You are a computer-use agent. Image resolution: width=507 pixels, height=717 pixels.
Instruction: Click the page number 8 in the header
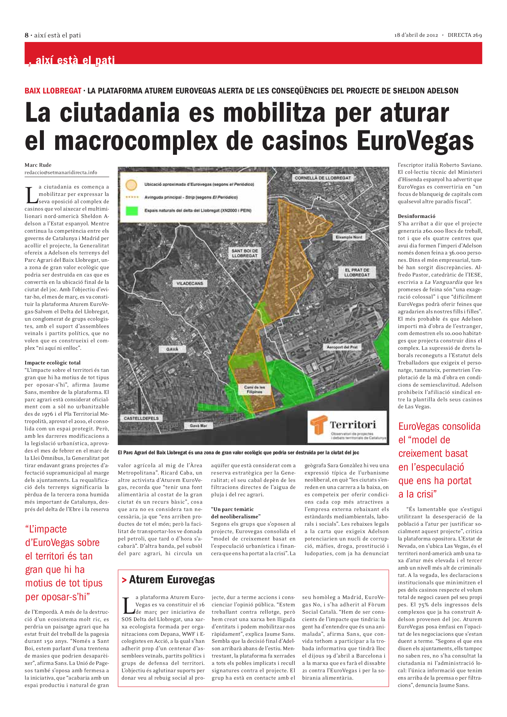[x=27, y=35]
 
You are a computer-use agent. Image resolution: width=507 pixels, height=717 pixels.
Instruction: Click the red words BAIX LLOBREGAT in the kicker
[x=53, y=91]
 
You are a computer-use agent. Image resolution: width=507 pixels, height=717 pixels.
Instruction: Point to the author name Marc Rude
[x=38, y=165]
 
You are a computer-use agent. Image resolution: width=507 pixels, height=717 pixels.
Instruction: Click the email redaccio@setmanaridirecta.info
[x=61, y=172]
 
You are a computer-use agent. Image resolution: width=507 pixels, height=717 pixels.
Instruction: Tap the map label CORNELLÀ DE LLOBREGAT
[x=323, y=178]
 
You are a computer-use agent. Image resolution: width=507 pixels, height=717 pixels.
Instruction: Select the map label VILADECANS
[x=190, y=283]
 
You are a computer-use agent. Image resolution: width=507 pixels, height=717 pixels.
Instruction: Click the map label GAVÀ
[x=172, y=349]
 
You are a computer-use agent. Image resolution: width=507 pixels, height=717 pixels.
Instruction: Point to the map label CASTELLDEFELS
[x=141, y=418]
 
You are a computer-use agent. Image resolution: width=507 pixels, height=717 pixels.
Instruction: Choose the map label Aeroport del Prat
[x=342, y=347]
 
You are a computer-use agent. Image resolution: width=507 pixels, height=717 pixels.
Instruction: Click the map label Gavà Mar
[x=198, y=425]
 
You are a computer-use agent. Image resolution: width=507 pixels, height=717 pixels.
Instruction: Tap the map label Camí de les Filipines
[x=254, y=389]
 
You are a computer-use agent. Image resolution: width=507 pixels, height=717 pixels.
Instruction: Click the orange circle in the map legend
[x=131, y=185]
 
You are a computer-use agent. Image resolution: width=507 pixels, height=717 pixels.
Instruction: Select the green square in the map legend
[x=132, y=211]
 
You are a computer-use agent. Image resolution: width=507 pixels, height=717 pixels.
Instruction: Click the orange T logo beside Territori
[x=319, y=425]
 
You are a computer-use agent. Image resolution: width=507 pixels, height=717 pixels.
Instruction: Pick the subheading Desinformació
[x=417, y=216]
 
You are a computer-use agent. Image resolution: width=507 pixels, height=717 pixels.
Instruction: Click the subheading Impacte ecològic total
[x=52, y=363]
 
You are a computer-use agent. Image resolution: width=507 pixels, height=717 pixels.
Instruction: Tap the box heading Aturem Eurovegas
[x=172, y=580]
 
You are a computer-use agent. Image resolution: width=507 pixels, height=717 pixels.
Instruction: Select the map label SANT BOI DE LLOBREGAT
[x=244, y=253]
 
